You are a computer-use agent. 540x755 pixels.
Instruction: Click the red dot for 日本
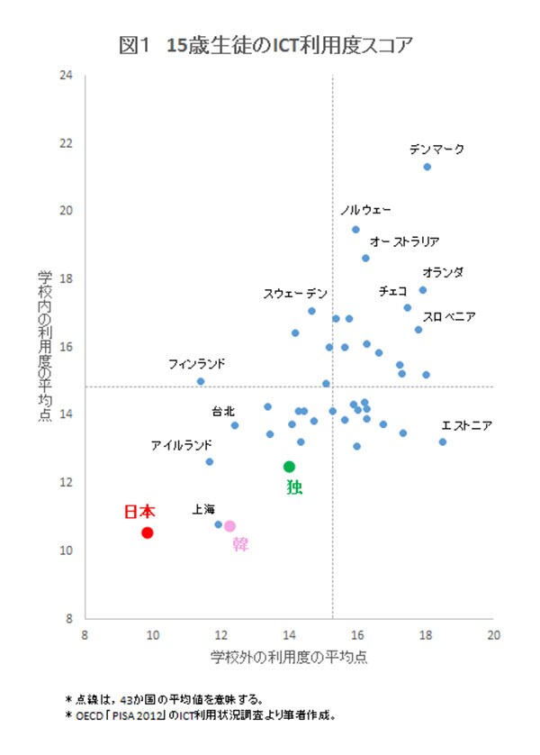pyautogui.click(x=148, y=532)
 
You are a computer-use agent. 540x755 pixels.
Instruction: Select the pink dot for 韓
pyautogui.click(x=229, y=526)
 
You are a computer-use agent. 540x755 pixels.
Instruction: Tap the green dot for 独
pyautogui.click(x=289, y=467)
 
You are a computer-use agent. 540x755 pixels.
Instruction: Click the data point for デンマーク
pyautogui.click(x=427, y=167)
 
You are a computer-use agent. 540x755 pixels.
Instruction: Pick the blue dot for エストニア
pyautogui.click(x=443, y=441)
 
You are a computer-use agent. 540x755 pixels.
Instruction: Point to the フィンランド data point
pyautogui.click(x=201, y=381)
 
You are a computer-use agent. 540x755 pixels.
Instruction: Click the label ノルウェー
pyautogui.click(x=365, y=210)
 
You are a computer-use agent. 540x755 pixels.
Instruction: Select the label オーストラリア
pyautogui.click(x=405, y=241)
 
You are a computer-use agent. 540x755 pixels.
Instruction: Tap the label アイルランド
pyautogui.click(x=181, y=445)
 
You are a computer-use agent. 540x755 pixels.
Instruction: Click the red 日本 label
pyautogui.click(x=139, y=512)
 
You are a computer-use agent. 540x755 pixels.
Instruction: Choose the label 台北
pyautogui.click(x=223, y=412)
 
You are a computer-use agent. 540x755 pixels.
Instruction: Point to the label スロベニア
pyautogui.click(x=449, y=316)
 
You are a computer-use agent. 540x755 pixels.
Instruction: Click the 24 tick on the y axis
pyautogui.click(x=66, y=76)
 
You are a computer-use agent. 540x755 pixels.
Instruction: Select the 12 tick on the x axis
pyautogui.click(x=220, y=634)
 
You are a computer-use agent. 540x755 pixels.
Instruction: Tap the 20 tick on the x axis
pyautogui.click(x=493, y=634)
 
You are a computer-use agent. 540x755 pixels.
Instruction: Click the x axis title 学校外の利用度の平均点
pyautogui.click(x=289, y=658)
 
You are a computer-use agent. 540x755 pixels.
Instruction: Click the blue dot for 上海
pyautogui.click(x=218, y=524)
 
